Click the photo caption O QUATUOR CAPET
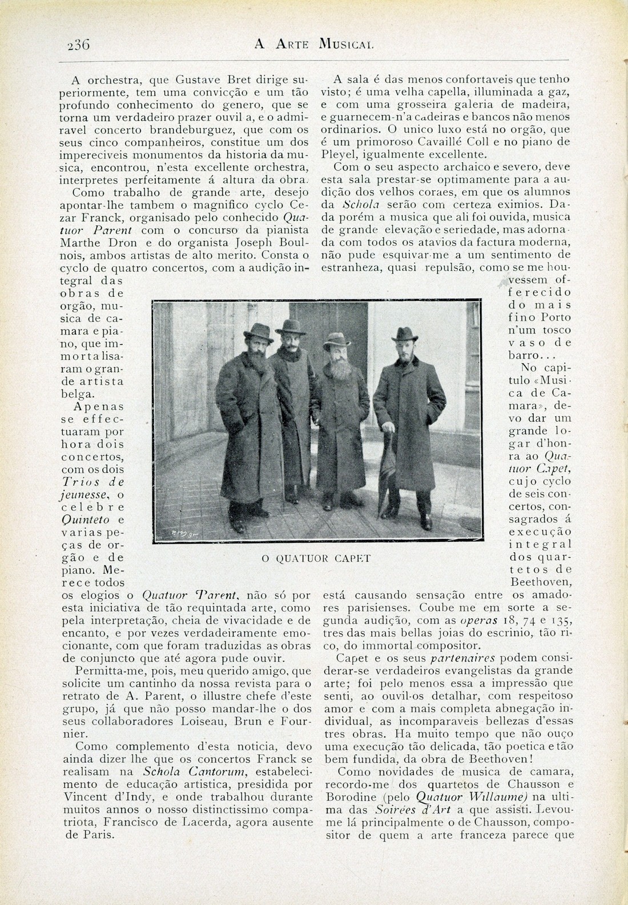[x=316, y=558]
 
